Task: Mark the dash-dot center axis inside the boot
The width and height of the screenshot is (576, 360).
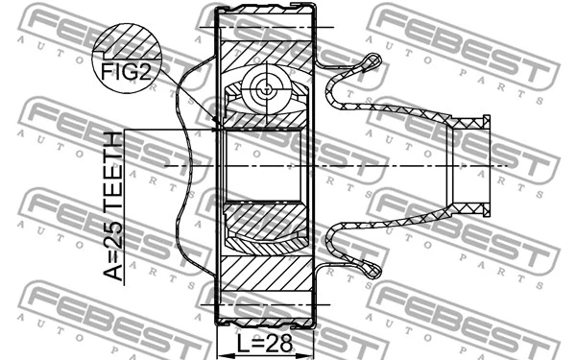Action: tap(403, 165)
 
